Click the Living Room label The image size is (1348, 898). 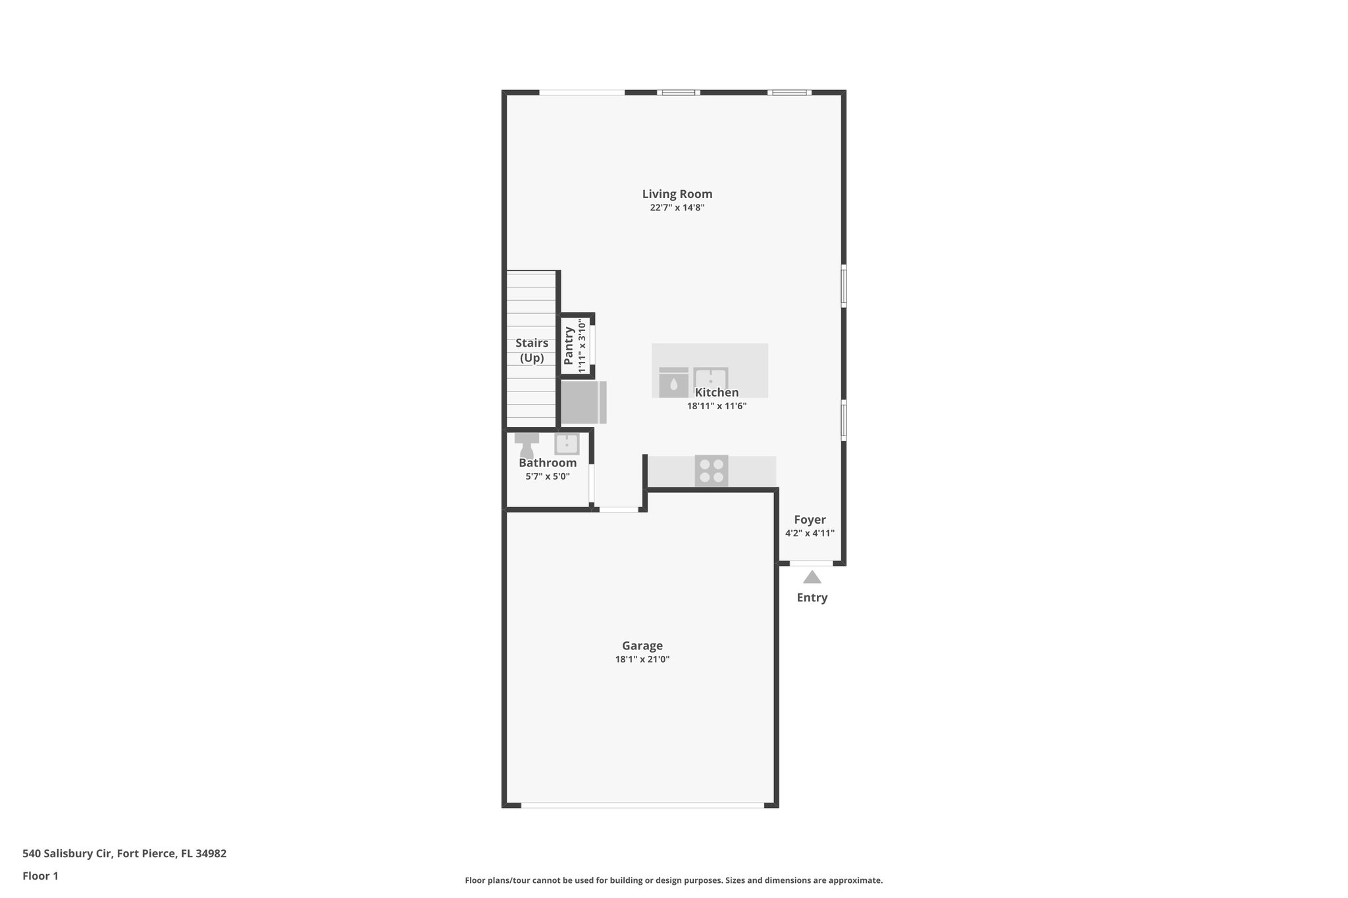pyautogui.click(x=677, y=194)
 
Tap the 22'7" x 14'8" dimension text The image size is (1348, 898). pyautogui.click(x=677, y=208)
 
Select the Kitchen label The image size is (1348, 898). pyautogui.click(x=716, y=393)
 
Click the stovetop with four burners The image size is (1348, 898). pyautogui.click(x=712, y=471)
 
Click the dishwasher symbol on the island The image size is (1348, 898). pyautogui.click(x=673, y=382)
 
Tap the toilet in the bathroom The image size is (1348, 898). pyautogui.click(x=527, y=445)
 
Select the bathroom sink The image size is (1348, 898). pyautogui.click(x=567, y=444)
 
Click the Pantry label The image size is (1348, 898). pyautogui.click(x=569, y=345)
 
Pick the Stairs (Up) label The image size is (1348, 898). pyautogui.click(x=532, y=350)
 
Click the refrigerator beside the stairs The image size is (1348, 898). pyautogui.click(x=583, y=402)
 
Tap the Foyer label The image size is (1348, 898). pyautogui.click(x=810, y=520)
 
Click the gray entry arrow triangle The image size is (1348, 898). pyautogui.click(x=812, y=578)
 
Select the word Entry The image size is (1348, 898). pyautogui.click(x=812, y=597)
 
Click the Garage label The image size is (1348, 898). pyautogui.click(x=642, y=646)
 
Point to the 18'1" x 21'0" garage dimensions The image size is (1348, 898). pyautogui.click(x=642, y=659)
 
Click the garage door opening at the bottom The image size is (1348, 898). pyautogui.click(x=642, y=805)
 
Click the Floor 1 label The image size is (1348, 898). pyautogui.click(x=40, y=876)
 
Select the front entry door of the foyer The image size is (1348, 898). pyautogui.click(x=811, y=563)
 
